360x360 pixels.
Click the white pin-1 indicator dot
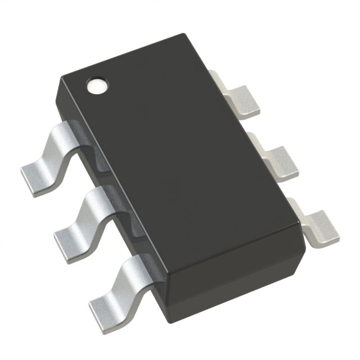tap(97, 86)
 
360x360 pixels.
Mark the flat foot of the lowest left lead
tap(104, 304)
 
